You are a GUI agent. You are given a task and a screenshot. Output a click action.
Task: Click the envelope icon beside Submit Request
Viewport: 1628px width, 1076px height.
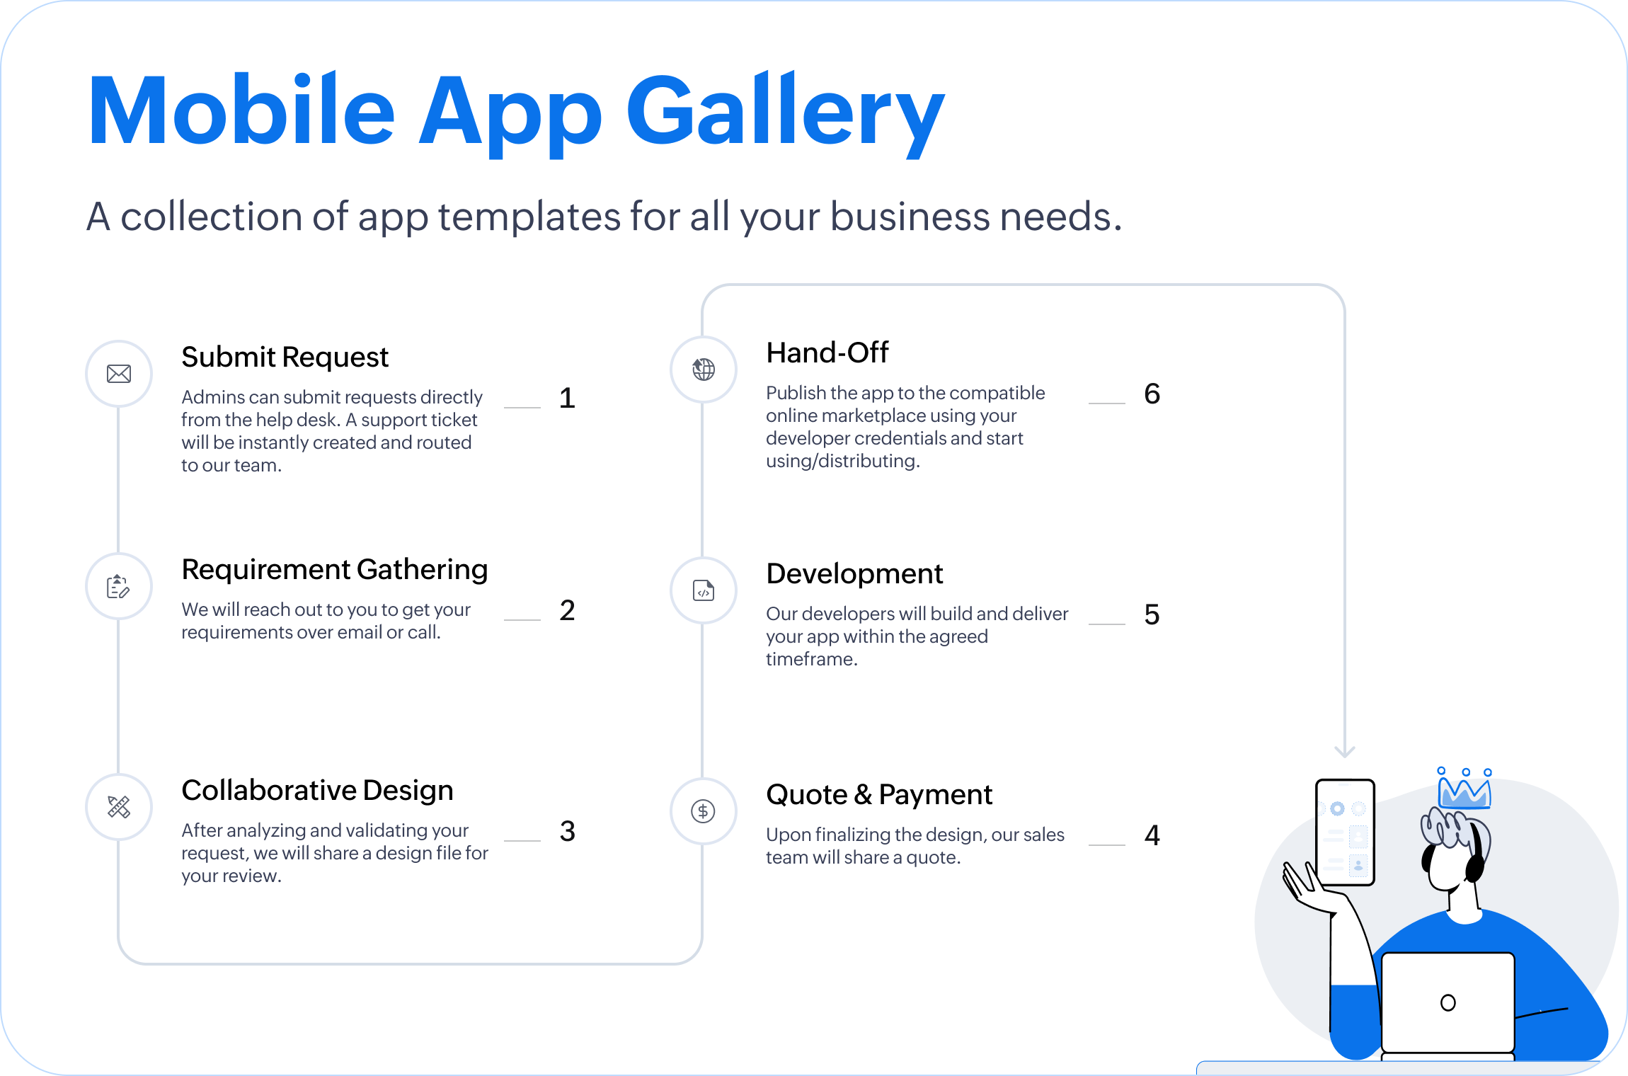tap(119, 374)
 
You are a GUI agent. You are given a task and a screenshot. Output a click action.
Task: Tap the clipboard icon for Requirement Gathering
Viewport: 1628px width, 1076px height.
tap(118, 586)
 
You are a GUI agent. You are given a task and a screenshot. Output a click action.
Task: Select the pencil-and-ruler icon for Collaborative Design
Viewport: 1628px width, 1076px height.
tap(119, 807)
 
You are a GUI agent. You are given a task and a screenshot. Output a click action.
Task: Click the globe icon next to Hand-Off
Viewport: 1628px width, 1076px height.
tap(704, 369)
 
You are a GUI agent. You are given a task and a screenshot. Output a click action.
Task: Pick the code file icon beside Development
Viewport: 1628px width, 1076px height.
tap(704, 590)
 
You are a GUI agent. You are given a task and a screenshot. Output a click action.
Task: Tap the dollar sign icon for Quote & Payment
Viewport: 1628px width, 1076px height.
tap(704, 811)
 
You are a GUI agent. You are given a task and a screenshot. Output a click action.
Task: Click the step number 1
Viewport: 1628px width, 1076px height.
tap(567, 398)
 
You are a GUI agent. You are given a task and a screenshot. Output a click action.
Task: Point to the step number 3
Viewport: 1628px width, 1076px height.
tap(567, 831)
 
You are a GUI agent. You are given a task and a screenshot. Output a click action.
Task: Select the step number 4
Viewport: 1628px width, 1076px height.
tap(1152, 835)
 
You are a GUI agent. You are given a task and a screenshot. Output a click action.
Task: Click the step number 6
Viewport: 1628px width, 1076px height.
tap(1152, 394)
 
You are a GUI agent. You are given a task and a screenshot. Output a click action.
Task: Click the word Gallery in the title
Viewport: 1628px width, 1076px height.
tap(786, 113)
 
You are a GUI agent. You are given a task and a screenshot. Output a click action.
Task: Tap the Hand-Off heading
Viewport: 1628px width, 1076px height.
tap(827, 353)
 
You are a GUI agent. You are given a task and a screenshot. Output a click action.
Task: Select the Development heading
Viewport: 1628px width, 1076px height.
tap(854, 573)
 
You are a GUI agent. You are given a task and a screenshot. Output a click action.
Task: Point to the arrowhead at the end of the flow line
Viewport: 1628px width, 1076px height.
tap(1344, 752)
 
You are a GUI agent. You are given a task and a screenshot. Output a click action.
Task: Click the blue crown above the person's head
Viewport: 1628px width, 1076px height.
tap(1464, 789)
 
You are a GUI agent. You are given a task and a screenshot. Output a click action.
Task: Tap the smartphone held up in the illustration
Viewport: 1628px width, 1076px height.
tap(1345, 832)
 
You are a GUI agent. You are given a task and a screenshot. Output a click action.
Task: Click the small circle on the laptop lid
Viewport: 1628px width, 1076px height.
tap(1448, 1002)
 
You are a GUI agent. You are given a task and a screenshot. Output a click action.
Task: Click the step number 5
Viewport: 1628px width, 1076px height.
tap(1152, 614)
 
